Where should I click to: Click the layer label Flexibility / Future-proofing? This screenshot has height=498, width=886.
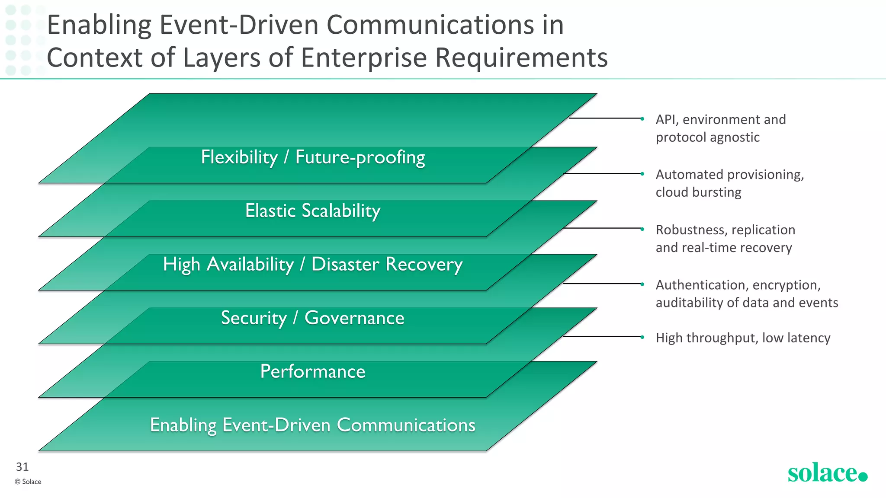(x=313, y=157)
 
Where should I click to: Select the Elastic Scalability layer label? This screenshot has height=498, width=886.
(x=313, y=211)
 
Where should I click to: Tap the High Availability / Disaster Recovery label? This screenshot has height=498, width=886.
(x=313, y=265)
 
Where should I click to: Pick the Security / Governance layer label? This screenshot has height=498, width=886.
(x=313, y=318)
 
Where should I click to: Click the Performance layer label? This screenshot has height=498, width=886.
(x=313, y=372)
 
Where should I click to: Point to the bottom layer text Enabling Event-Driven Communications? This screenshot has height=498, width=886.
(x=313, y=425)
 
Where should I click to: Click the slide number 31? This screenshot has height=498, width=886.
(x=22, y=467)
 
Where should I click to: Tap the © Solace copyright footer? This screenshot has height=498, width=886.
(x=28, y=482)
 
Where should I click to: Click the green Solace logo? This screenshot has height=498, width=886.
(x=827, y=473)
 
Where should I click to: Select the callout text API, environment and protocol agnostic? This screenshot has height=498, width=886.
(x=720, y=128)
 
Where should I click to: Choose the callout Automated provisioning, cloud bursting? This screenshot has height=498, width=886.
(x=729, y=183)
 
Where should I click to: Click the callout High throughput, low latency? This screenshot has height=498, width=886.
(x=743, y=338)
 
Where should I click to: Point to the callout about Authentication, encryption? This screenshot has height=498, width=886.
(x=746, y=294)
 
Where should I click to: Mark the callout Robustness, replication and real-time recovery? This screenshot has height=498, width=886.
(x=725, y=239)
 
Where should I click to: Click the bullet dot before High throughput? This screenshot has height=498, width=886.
(x=642, y=337)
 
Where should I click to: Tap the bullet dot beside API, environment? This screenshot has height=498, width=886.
(x=642, y=118)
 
